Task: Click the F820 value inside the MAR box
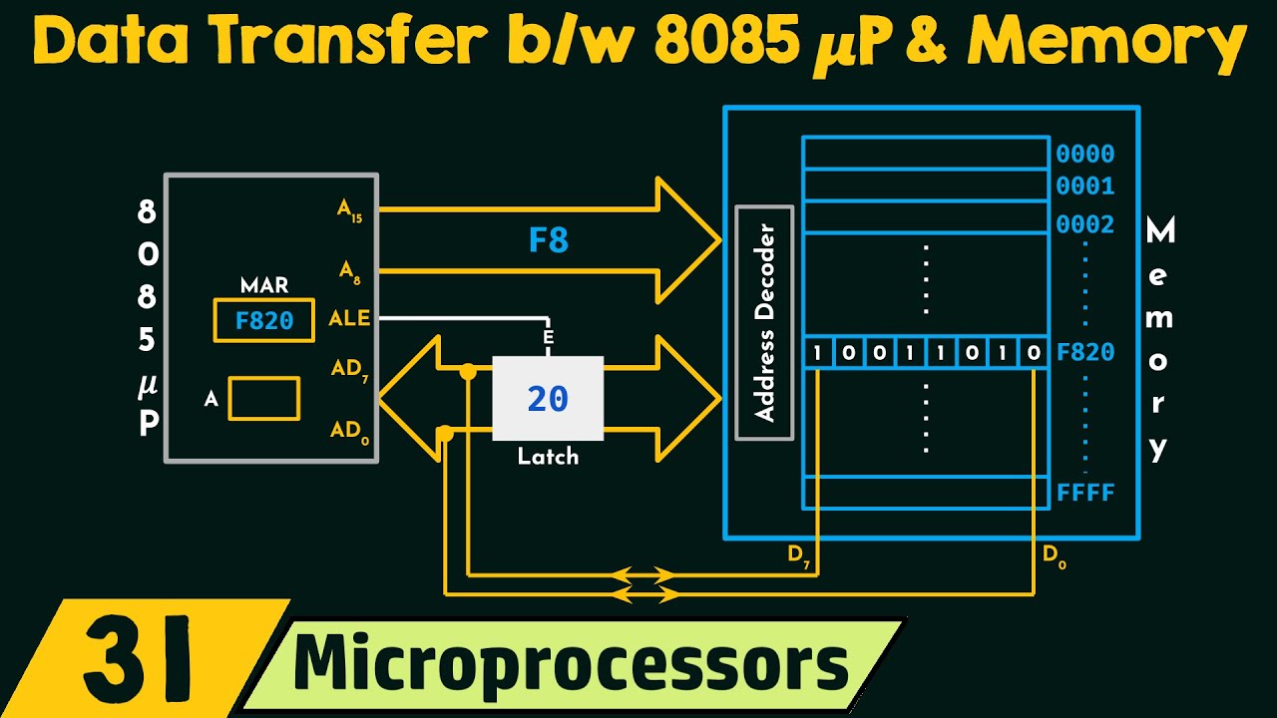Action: click(x=263, y=320)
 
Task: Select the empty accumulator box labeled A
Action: click(x=263, y=398)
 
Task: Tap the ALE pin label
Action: click(x=349, y=319)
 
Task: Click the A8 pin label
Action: click(x=349, y=269)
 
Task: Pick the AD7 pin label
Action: click(x=350, y=369)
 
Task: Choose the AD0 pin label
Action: click(x=350, y=431)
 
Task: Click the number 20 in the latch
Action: click(x=548, y=399)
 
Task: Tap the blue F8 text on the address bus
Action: click(x=548, y=241)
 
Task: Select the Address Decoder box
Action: click(x=764, y=322)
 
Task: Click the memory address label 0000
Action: click(x=1084, y=155)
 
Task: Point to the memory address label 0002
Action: click(x=1084, y=224)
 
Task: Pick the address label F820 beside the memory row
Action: click(x=1084, y=353)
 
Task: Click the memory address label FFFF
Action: click(x=1084, y=493)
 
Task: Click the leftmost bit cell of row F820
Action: click(x=818, y=353)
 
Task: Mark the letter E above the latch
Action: click(x=548, y=338)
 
